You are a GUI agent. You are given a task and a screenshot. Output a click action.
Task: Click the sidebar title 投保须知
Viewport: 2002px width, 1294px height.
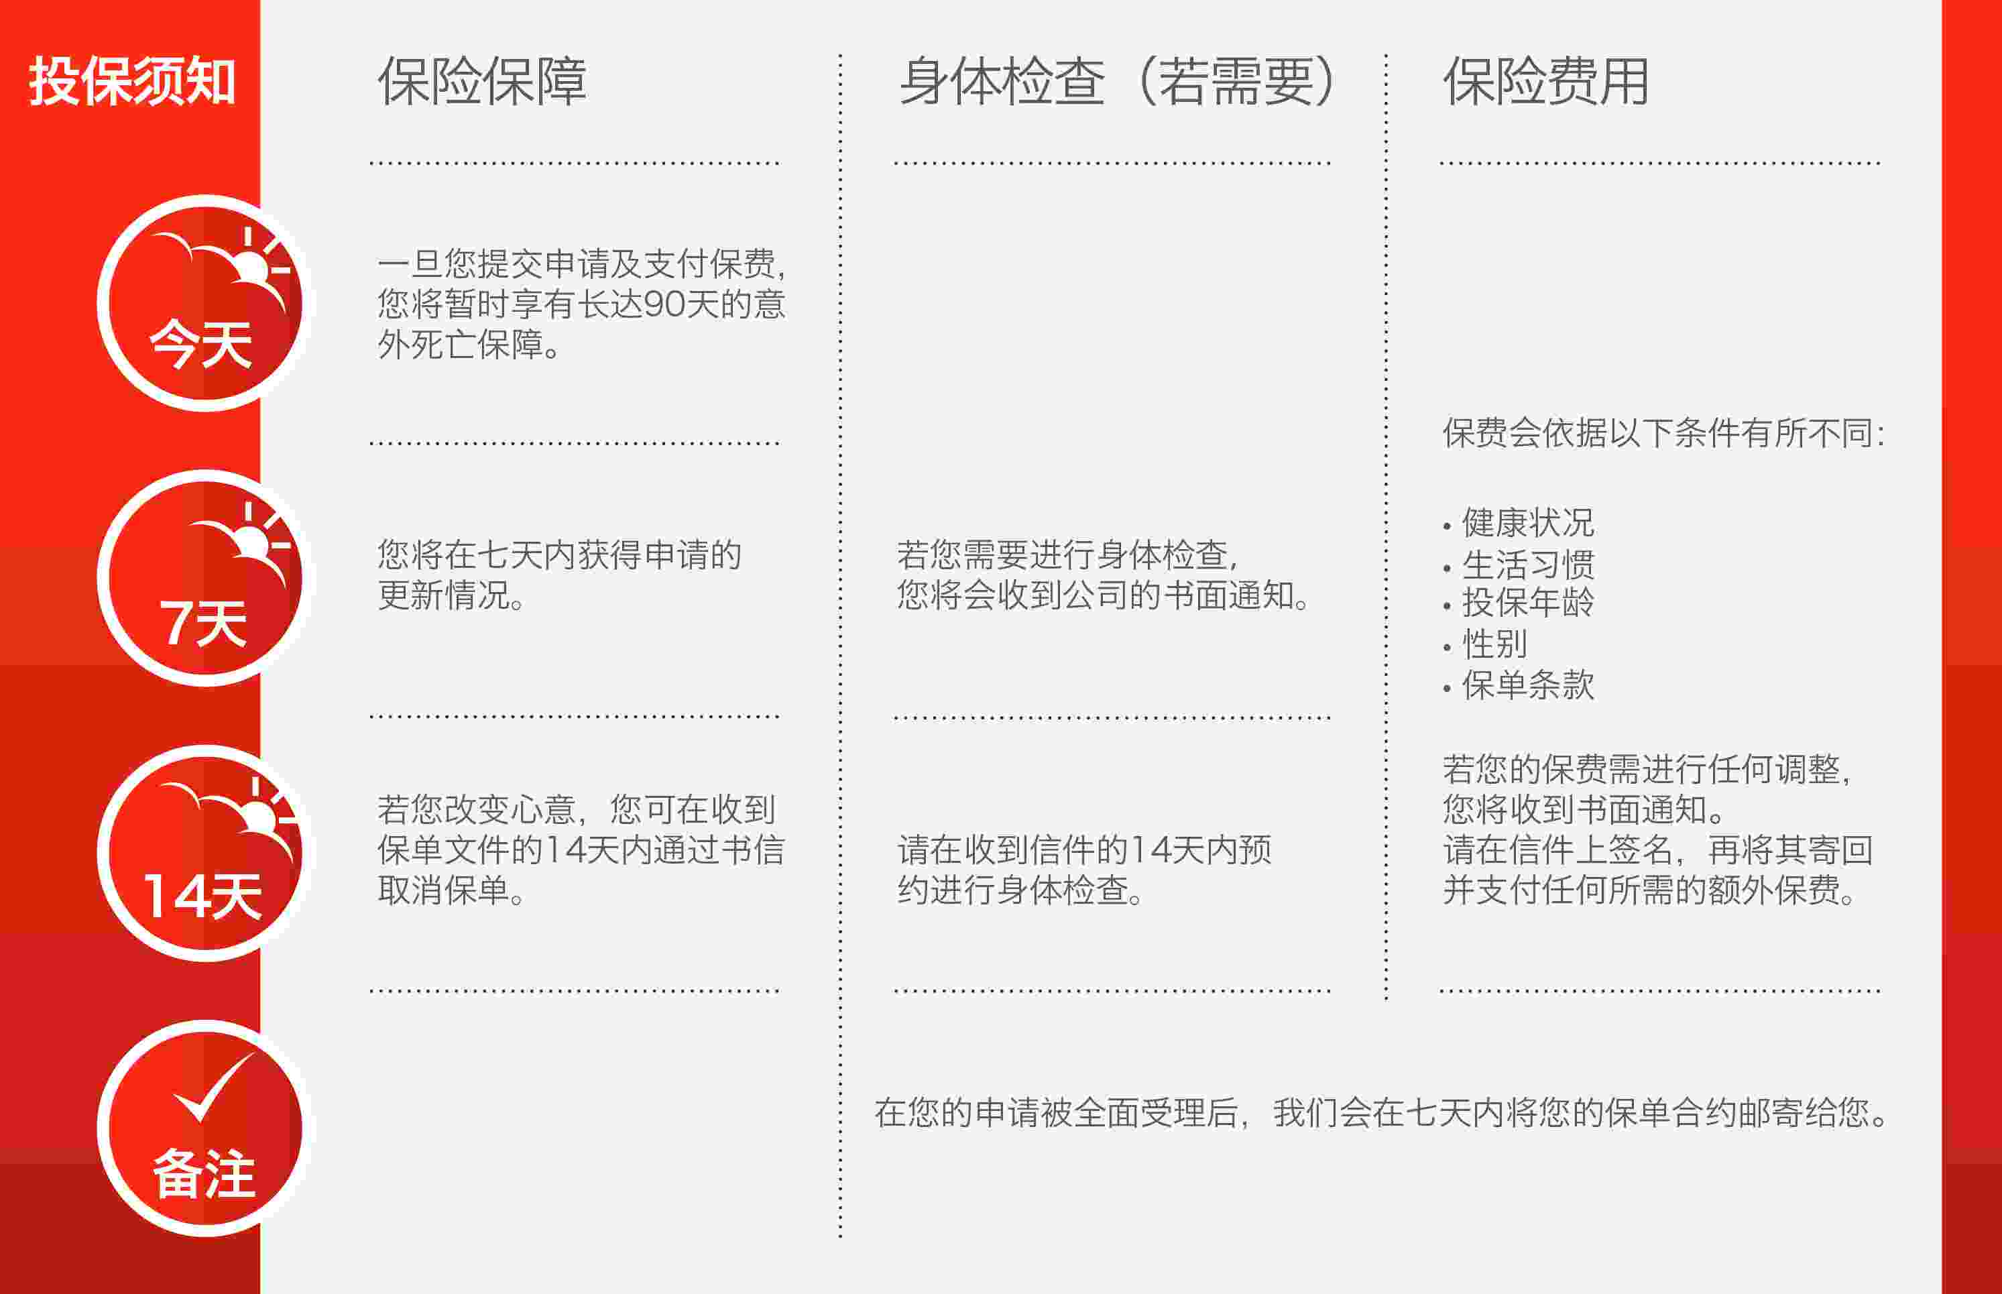click(x=132, y=82)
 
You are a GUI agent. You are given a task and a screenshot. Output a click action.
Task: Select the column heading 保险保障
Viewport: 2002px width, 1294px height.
click(x=481, y=82)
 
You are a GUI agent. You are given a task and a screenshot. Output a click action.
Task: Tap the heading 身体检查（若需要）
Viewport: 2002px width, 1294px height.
click(x=1118, y=82)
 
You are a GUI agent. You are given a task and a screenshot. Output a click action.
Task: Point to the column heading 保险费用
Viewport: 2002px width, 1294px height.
click(x=1546, y=82)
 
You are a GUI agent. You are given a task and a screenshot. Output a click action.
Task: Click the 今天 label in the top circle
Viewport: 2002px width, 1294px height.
click(x=202, y=345)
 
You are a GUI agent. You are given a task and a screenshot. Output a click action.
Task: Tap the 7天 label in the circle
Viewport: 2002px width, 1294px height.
click(x=203, y=624)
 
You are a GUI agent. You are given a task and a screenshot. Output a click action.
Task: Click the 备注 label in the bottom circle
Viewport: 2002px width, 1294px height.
click(x=204, y=1173)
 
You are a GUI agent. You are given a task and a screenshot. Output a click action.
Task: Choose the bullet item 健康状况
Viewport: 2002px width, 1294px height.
click(x=1527, y=523)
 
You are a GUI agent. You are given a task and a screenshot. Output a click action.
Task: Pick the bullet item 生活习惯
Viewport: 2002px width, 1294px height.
click(x=1527, y=564)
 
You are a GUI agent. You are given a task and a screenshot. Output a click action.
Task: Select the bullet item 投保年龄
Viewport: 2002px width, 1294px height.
click(x=1527, y=603)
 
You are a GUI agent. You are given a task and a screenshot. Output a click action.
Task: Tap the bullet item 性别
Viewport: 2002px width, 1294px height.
click(x=1494, y=644)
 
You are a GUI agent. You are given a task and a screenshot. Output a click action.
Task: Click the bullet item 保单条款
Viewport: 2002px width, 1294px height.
click(x=1527, y=685)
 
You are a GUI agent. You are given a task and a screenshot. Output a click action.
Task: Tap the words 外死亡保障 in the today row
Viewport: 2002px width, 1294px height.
click(x=459, y=345)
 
